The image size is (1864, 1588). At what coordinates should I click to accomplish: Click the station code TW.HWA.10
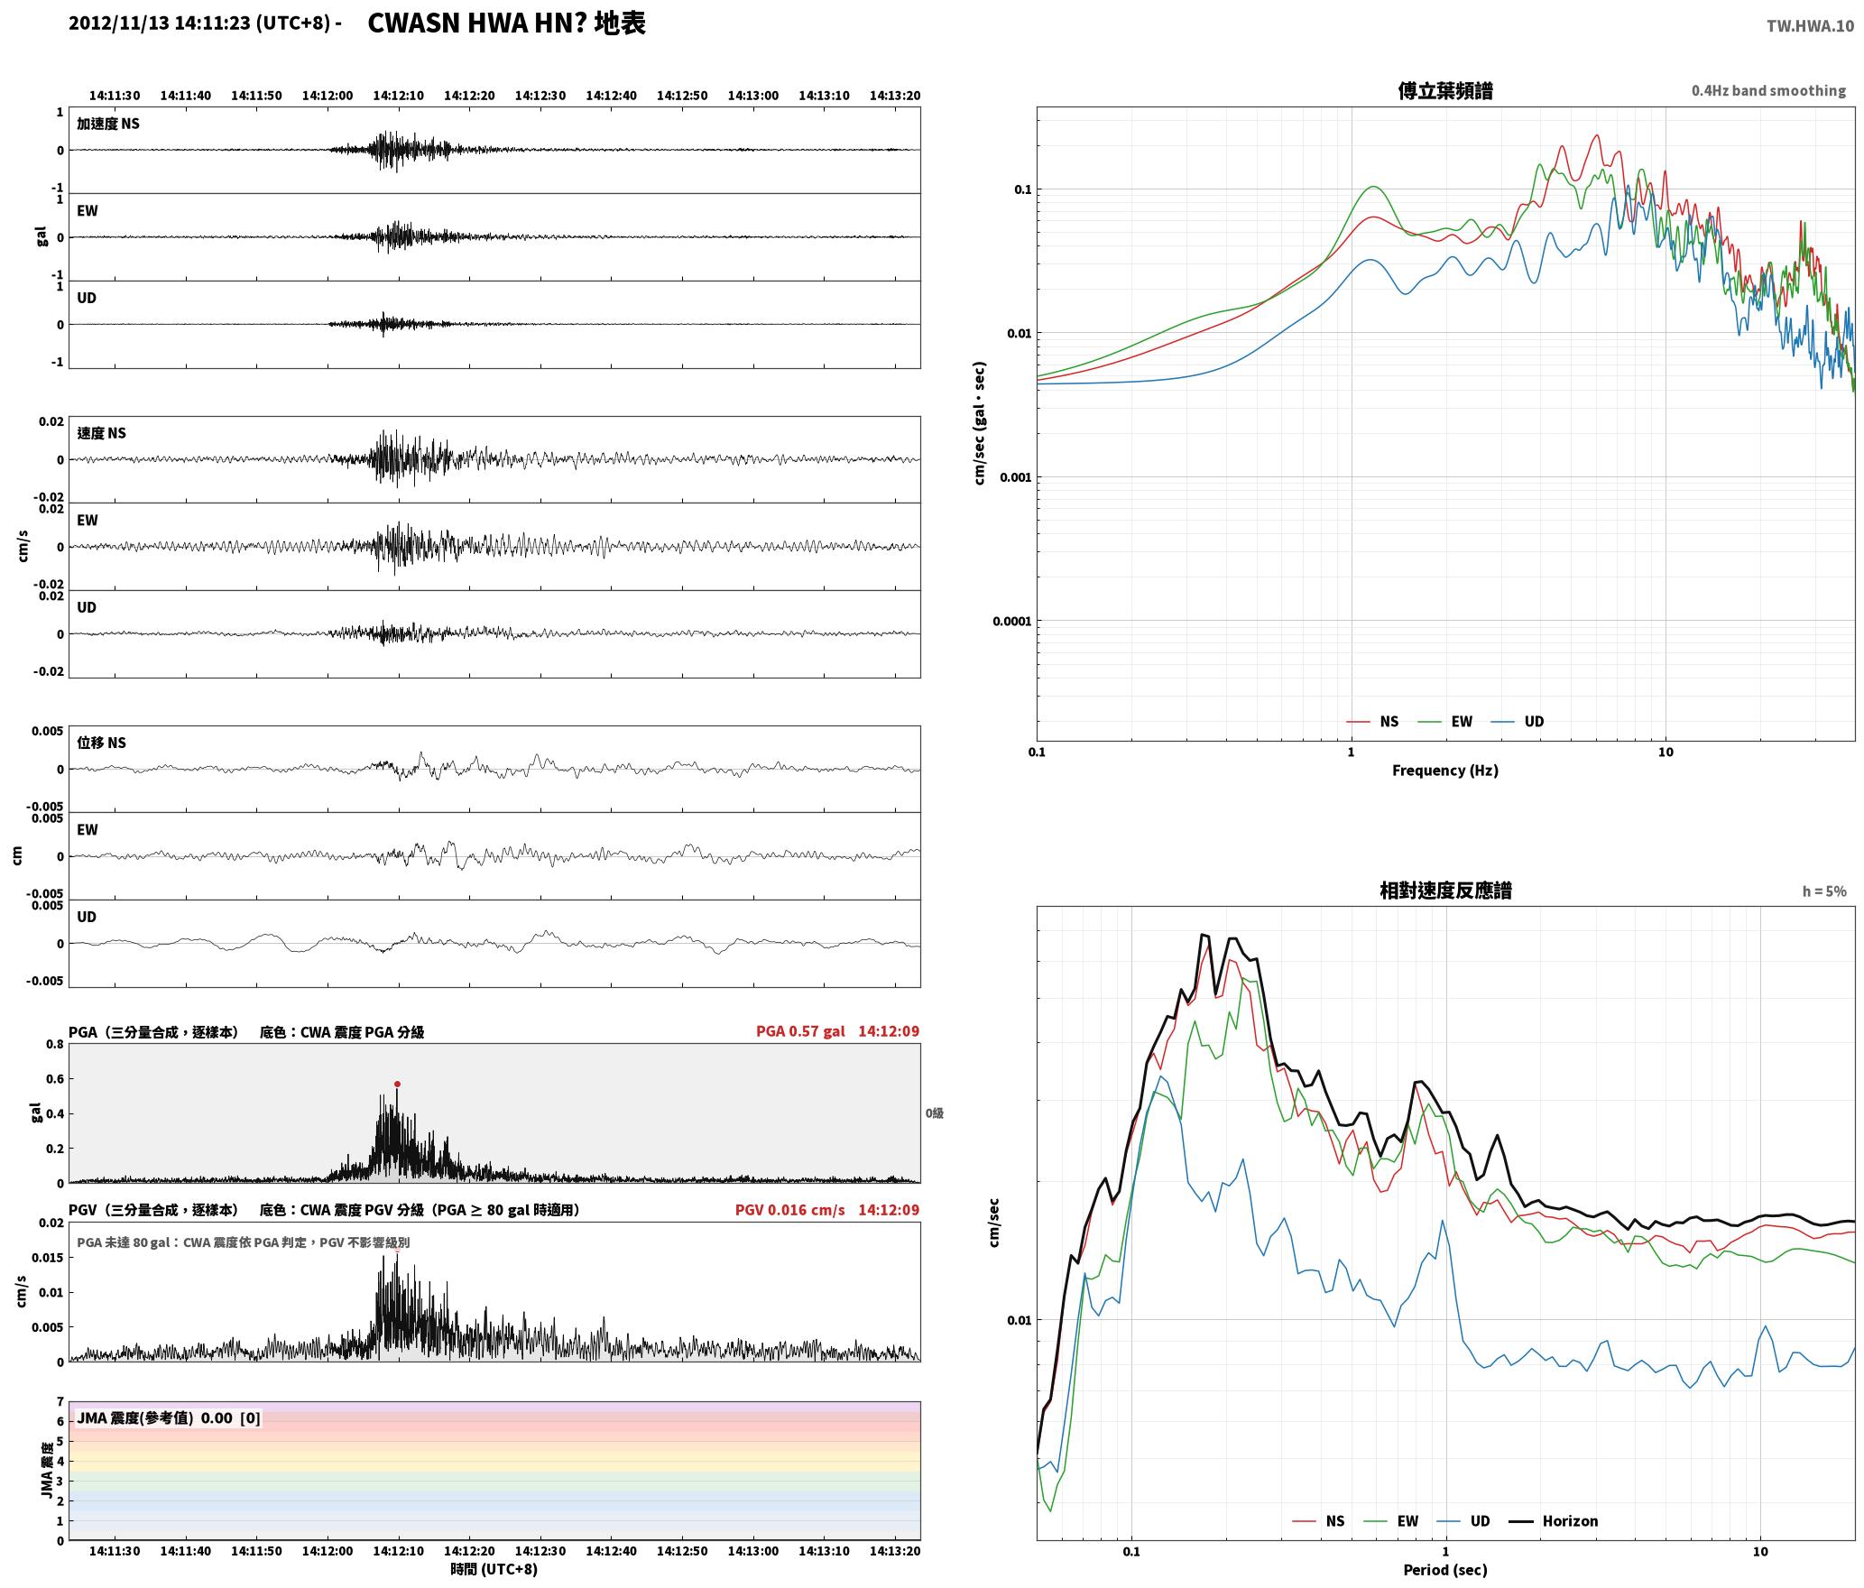(x=1810, y=26)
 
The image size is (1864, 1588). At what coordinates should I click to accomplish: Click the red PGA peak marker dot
(x=397, y=1084)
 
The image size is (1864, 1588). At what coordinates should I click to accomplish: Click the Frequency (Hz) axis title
(x=1444, y=770)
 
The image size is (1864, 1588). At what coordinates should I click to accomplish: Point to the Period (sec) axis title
(x=1444, y=1569)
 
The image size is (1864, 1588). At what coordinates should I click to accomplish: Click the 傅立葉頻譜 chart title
(x=1444, y=90)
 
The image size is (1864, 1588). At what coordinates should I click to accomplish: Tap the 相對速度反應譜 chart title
(x=1444, y=890)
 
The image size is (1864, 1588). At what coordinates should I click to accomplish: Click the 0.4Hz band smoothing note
(x=1768, y=90)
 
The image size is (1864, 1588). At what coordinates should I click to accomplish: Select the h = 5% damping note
(x=1824, y=891)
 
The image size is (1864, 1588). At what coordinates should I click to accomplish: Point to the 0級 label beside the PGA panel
(x=934, y=1113)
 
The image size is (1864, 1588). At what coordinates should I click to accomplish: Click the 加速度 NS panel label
(x=108, y=124)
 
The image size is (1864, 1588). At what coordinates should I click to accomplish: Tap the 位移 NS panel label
(x=101, y=743)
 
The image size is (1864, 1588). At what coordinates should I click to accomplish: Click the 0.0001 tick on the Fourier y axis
(x=1011, y=621)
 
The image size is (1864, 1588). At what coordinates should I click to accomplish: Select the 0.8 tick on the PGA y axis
(x=54, y=1044)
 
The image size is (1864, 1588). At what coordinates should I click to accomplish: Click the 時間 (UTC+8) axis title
(x=494, y=1568)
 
